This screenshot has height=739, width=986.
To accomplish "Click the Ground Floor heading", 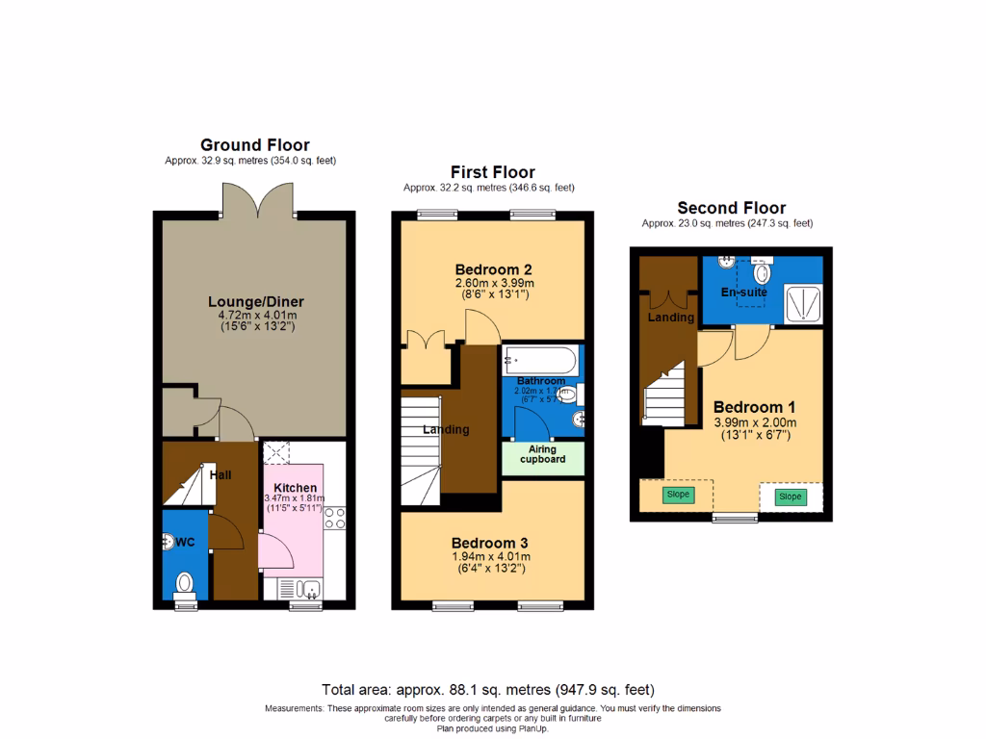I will coord(254,145).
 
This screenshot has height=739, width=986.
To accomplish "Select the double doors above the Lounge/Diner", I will coord(254,199).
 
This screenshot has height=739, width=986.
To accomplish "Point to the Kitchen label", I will coord(295,488).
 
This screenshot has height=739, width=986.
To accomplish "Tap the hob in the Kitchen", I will coord(335,519).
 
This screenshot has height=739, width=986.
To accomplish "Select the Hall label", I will coord(220,474).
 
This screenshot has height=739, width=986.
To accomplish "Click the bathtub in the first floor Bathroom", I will coord(540,363).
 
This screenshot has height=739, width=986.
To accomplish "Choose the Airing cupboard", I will coord(542,455).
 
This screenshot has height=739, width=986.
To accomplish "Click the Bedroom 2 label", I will coord(494,269).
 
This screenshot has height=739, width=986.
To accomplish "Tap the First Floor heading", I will coord(493,172).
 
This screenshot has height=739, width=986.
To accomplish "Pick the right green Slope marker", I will coord(790,497).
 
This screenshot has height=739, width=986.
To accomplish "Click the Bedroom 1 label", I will coord(755,407).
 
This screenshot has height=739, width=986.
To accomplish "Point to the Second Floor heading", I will coord(731,208).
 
